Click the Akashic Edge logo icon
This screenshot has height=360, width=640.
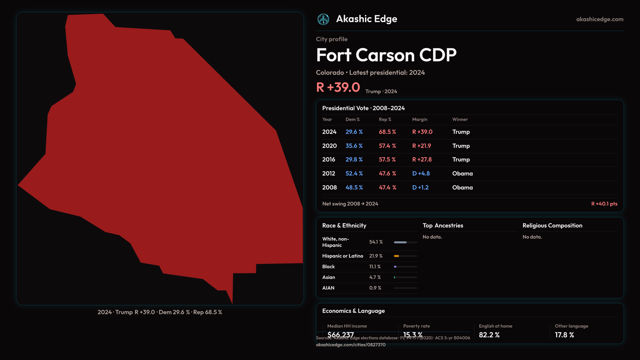(323, 19)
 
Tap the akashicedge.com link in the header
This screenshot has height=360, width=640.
(599, 19)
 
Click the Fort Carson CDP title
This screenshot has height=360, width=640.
(386, 55)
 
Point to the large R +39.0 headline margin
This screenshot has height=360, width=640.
(338, 87)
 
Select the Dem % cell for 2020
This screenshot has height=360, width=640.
(354, 146)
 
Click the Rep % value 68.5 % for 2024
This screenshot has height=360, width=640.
(387, 132)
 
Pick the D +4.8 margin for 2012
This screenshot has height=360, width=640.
(421, 174)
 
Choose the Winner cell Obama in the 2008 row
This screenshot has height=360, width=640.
(462, 188)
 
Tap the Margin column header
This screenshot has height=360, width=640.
(420, 119)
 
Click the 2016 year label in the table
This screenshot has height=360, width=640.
(329, 160)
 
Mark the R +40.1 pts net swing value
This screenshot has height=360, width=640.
(604, 204)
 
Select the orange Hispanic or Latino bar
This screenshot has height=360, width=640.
(397, 256)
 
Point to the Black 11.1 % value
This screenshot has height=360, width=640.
(375, 267)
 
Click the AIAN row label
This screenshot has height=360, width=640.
(328, 288)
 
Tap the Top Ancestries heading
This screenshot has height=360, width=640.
(443, 226)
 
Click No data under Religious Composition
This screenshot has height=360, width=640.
(532, 237)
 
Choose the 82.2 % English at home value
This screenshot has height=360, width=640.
(489, 335)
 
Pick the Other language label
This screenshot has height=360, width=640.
(571, 326)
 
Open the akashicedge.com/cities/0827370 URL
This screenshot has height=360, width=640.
(351, 345)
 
